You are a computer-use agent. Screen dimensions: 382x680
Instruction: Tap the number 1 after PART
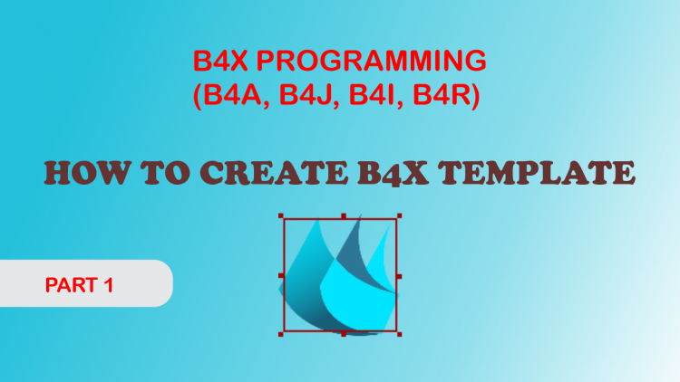(x=108, y=286)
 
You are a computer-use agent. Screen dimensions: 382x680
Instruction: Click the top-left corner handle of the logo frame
(x=284, y=218)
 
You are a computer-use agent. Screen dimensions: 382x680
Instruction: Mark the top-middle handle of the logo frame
(x=343, y=217)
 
